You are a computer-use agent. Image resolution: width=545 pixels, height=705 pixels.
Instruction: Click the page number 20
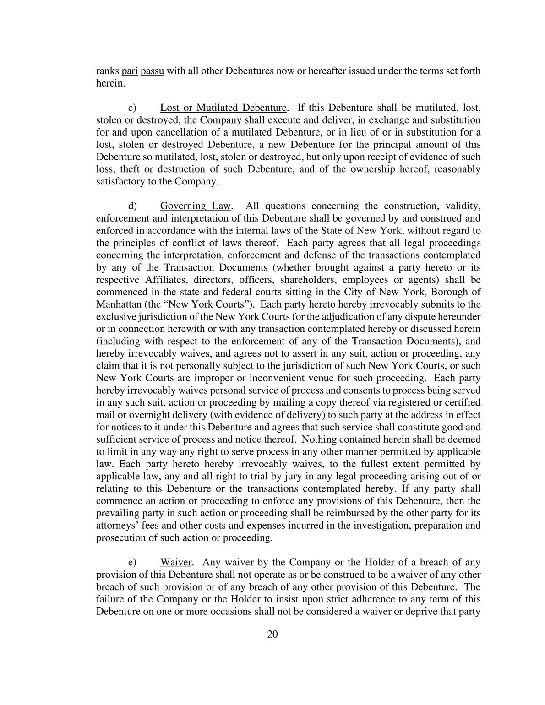(x=272, y=634)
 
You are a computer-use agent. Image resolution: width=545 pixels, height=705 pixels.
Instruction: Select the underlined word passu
(x=152, y=71)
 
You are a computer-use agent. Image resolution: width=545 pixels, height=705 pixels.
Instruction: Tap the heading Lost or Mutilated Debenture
(x=223, y=108)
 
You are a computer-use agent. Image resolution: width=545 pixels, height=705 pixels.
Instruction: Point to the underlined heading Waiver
(x=175, y=562)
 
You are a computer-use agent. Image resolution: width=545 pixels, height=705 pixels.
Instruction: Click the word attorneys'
(x=117, y=525)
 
